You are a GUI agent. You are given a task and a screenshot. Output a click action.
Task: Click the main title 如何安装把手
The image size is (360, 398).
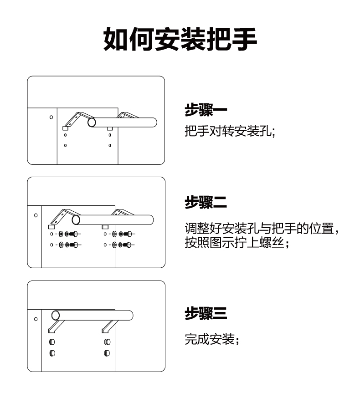click(180, 40)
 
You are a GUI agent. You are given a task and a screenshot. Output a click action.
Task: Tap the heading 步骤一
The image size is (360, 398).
click(206, 111)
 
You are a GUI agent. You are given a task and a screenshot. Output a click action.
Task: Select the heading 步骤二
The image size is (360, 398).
click(206, 202)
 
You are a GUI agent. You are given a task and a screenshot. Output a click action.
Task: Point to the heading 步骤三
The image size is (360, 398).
click(206, 314)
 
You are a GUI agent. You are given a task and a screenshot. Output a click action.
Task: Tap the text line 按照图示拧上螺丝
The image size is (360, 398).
click(237, 243)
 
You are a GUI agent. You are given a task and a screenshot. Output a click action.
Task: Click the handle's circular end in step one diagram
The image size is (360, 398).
click(92, 122)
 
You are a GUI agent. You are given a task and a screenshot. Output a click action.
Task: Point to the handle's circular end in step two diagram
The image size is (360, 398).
click(76, 220)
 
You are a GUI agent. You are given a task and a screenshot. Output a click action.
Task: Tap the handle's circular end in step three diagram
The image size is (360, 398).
click(56, 315)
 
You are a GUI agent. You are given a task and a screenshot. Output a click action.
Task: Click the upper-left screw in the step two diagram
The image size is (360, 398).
click(70, 234)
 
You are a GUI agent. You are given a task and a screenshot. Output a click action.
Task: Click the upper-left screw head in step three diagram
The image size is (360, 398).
click(52, 342)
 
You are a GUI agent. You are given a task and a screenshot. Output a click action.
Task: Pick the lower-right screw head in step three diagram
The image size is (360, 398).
click(107, 353)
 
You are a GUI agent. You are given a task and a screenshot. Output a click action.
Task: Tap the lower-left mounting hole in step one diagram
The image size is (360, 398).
click(65, 145)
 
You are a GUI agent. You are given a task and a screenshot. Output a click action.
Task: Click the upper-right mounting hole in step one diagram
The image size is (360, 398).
click(110, 135)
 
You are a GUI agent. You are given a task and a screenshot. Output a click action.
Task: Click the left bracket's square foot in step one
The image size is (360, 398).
click(65, 128)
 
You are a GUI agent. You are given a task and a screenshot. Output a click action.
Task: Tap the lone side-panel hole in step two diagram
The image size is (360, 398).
click(36, 214)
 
